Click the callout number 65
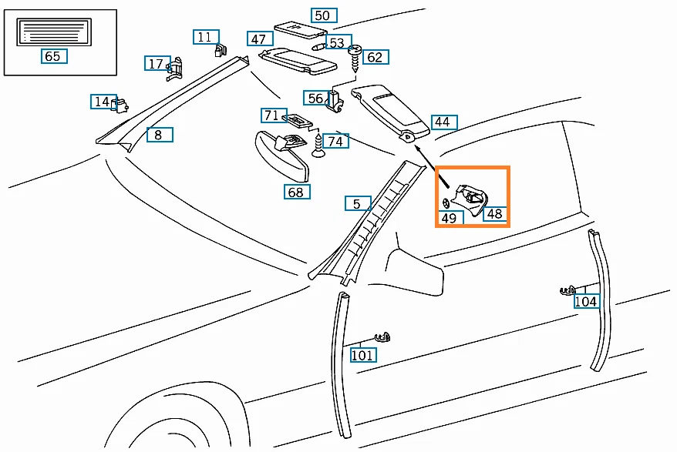click(x=52, y=56)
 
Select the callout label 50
click(x=322, y=15)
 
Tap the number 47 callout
click(x=258, y=39)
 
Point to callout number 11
click(x=204, y=37)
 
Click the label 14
click(x=102, y=102)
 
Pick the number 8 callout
click(x=158, y=135)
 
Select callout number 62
click(x=375, y=57)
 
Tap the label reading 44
click(x=442, y=122)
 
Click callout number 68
click(x=296, y=193)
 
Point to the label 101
click(x=363, y=355)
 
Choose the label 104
click(x=586, y=302)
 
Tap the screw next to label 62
click(x=356, y=56)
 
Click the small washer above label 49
click(x=446, y=203)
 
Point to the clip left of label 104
click(x=568, y=290)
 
